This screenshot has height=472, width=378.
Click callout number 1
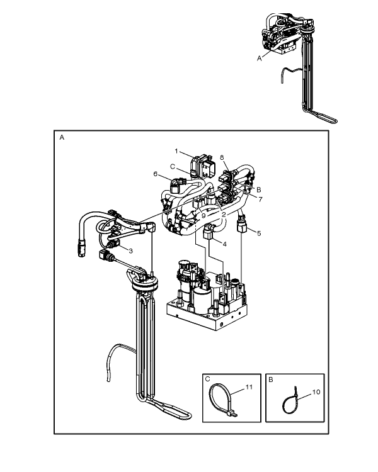click(x=176, y=151)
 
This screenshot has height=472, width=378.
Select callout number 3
click(x=130, y=250)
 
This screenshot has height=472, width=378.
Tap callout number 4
click(x=224, y=244)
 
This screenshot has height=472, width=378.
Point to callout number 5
click(x=259, y=233)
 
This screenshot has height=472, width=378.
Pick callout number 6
click(x=155, y=174)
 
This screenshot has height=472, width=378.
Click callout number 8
click(x=222, y=157)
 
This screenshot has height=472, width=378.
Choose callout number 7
click(x=260, y=199)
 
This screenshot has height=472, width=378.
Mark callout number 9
click(x=203, y=215)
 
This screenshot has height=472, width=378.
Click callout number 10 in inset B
click(x=316, y=392)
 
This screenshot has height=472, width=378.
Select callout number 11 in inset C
click(x=249, y=387)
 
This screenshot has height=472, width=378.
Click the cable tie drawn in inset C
click(x=223, y=400)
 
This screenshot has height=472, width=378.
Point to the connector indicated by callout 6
click(x=175, y=187)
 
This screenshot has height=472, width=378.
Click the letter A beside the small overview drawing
click(x=259, y=59)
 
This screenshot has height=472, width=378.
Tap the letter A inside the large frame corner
click(x=62, y=138)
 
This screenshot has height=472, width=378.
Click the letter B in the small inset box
click(x=270, y=379)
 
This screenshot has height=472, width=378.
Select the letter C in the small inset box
click(x=207, y=379)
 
